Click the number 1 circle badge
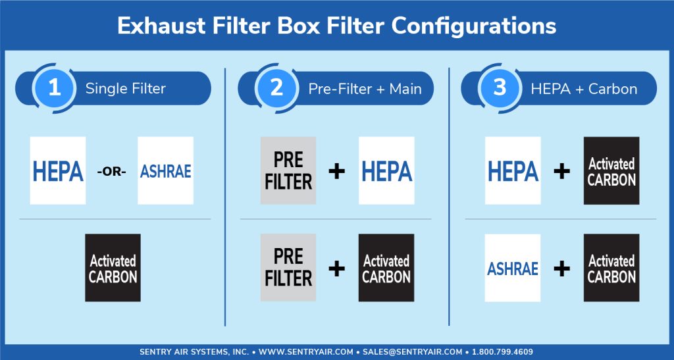54,88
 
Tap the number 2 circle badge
276,88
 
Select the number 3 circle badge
500,88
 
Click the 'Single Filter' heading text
126,88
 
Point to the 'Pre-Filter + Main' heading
365,88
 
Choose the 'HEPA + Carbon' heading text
584,88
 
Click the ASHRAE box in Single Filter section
165,170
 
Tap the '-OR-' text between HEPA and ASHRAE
112,172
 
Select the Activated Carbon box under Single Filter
113,268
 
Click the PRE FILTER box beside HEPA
288,170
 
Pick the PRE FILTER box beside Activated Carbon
288,268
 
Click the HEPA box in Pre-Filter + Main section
386,170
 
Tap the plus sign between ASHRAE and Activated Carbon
562,269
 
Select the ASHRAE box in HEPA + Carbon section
513,268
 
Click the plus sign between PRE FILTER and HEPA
336,171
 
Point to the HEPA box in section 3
513,170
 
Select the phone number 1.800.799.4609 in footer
502,352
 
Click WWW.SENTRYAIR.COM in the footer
306,352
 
